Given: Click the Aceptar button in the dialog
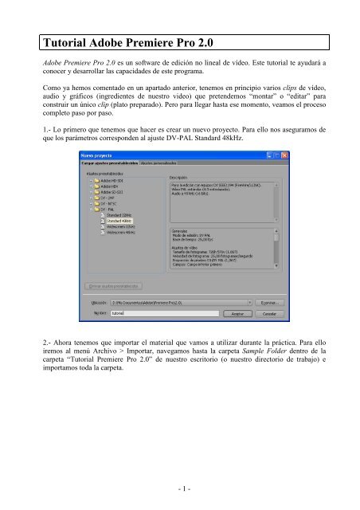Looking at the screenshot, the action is point(237,313).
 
